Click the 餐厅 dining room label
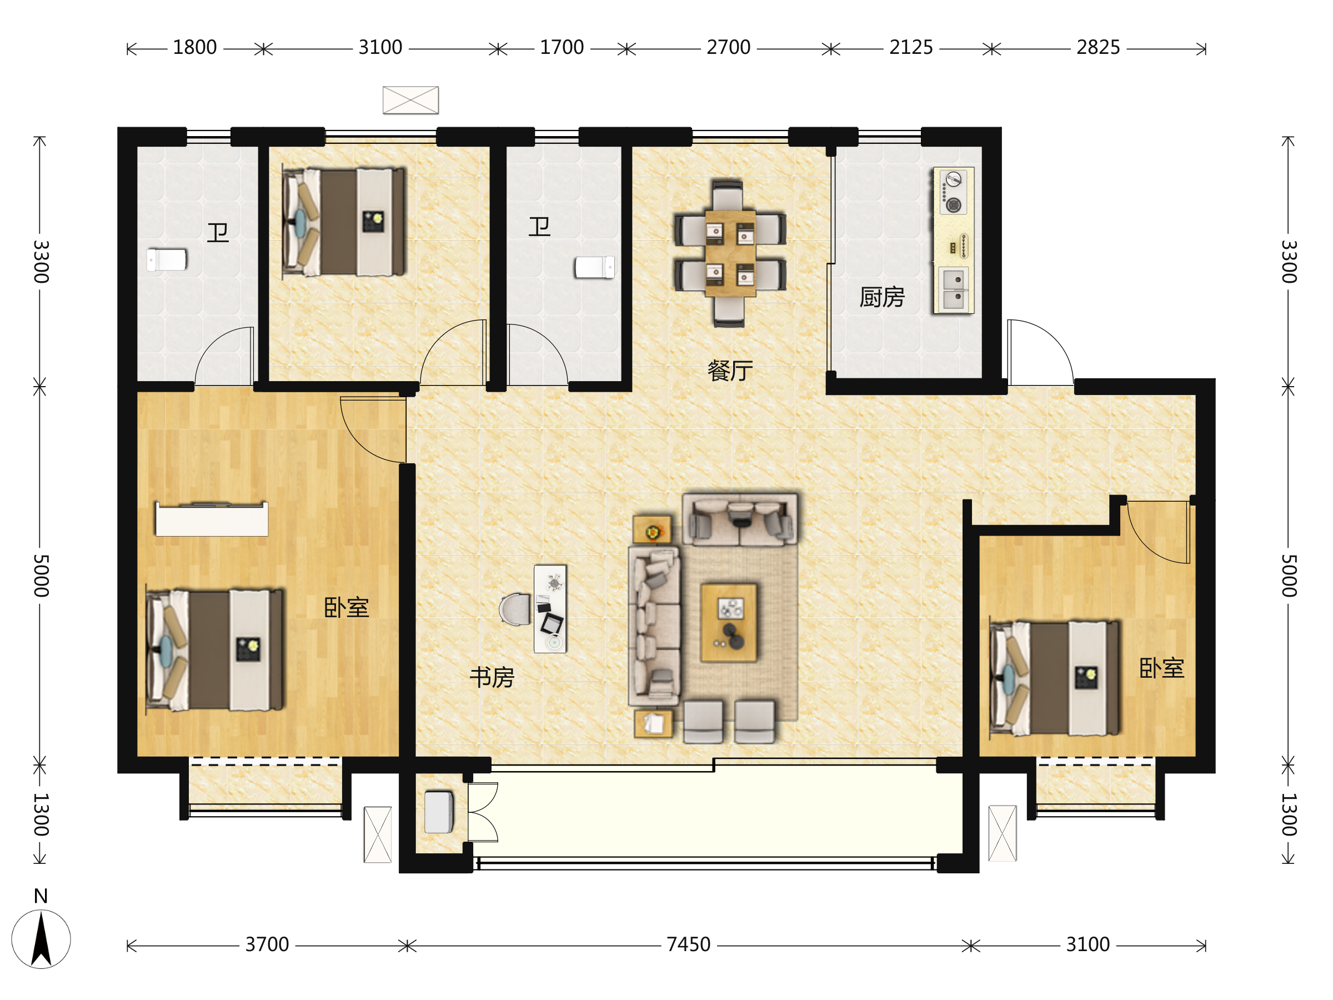point(730,371)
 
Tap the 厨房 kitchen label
point(881,297)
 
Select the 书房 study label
point(492,678)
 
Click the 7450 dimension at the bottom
point(688,944)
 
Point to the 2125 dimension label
point(910,47)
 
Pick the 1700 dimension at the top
point(562,47)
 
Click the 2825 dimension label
point(1098,47)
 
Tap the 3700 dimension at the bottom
point(267,944)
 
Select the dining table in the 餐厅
point(730,253)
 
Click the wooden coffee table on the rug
point(729,623)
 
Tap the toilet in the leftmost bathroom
point(167,261)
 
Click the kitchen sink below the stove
point(953,289)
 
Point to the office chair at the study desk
point(515,609)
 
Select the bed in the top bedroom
point(343,222)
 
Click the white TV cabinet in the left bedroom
point(212,519)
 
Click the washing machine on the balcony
point(439,812)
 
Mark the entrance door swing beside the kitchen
point(1040,353)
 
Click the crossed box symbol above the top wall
point(410,100)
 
